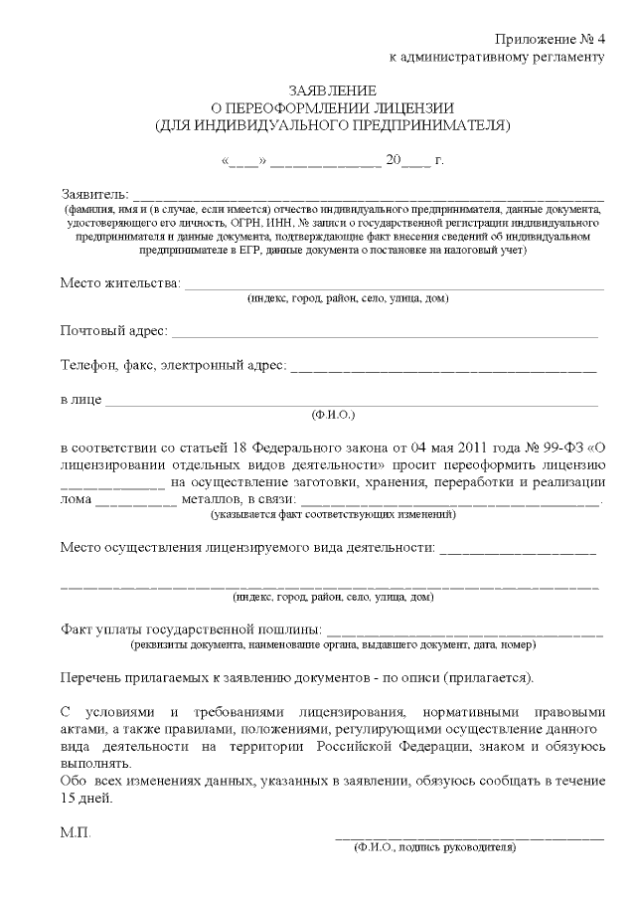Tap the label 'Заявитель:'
point(94,192)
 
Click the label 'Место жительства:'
point(120,284)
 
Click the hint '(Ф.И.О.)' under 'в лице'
point(333,413)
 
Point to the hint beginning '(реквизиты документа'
point(334,643)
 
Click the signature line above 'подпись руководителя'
point(468,837)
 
